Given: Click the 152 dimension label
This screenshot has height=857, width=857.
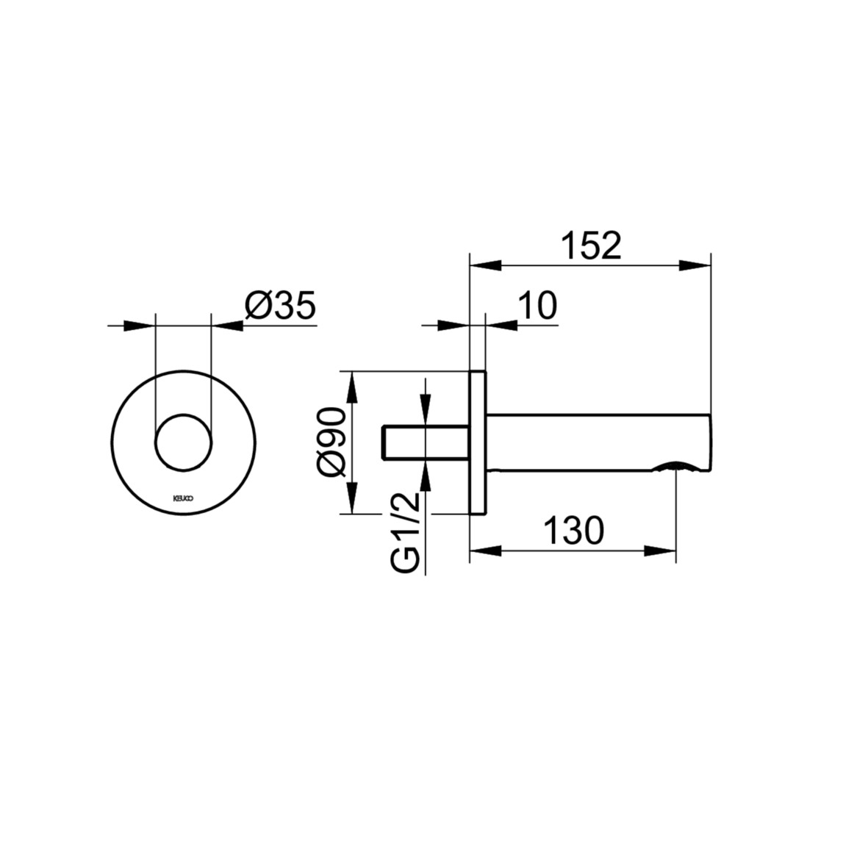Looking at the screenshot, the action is [592, 245].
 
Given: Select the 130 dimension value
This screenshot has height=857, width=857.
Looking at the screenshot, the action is [574, 530].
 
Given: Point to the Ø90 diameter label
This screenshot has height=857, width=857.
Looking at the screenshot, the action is [333, 442].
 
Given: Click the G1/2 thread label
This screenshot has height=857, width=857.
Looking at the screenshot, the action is [406, 532].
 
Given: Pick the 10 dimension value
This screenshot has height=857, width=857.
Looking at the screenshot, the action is [537, 305].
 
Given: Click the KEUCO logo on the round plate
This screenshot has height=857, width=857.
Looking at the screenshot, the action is [182, 498].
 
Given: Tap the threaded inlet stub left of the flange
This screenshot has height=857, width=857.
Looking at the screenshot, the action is [426, 442].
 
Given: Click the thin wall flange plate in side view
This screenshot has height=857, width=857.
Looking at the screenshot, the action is [478, 442].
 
